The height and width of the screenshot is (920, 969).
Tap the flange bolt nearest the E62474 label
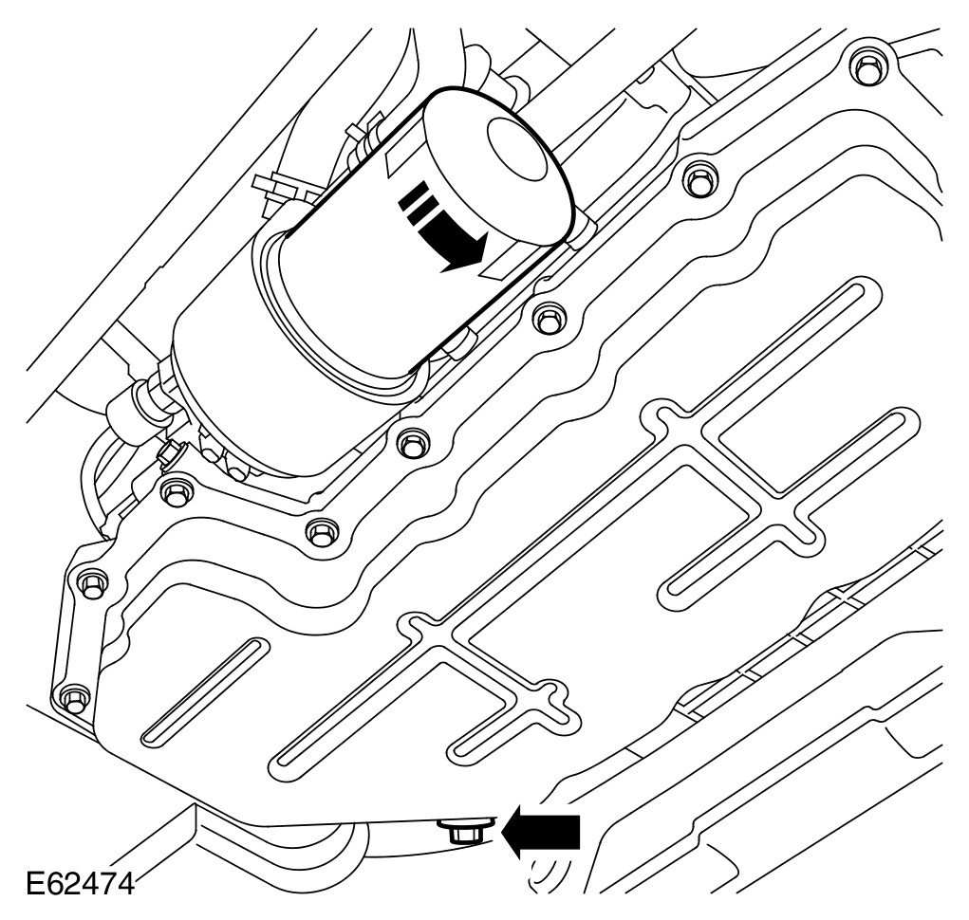(74, 700)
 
